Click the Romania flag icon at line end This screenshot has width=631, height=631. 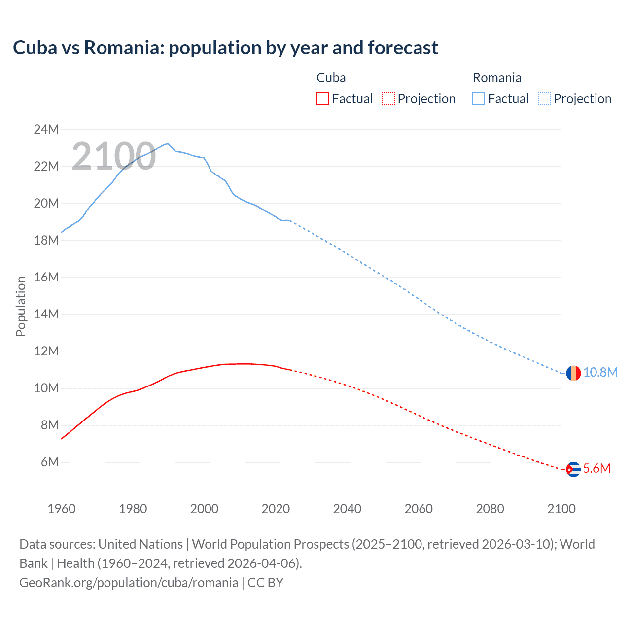[x=573, y=373]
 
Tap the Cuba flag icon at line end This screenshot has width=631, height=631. [x=573, y=469]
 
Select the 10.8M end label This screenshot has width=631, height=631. [x=600, y=372]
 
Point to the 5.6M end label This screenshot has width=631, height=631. [x=597, y=468]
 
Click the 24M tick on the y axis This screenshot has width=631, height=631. [x=46, y=129]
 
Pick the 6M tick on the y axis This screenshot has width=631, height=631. [x=50, y=462]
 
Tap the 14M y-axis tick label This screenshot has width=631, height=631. [x=46, y=314]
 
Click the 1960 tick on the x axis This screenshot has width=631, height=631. [x=62, y=509]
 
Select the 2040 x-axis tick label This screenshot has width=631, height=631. [x=347, y=509]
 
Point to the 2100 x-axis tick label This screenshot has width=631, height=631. [x=561, y=509]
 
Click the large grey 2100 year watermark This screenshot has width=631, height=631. [x=114, y=156]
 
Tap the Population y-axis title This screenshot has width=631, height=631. [x=21, y=306]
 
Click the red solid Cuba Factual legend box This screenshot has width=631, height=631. [x=322, y=98]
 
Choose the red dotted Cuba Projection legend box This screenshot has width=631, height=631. [x=388, y=98]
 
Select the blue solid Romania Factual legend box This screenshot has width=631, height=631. [x=479, y=98]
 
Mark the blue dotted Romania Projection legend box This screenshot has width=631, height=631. [x=544, y=98]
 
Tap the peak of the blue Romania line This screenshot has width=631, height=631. [x=168, y=143]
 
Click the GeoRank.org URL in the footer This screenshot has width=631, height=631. [x=129, y=582]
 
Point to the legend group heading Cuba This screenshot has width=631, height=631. [x=331, y=78]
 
